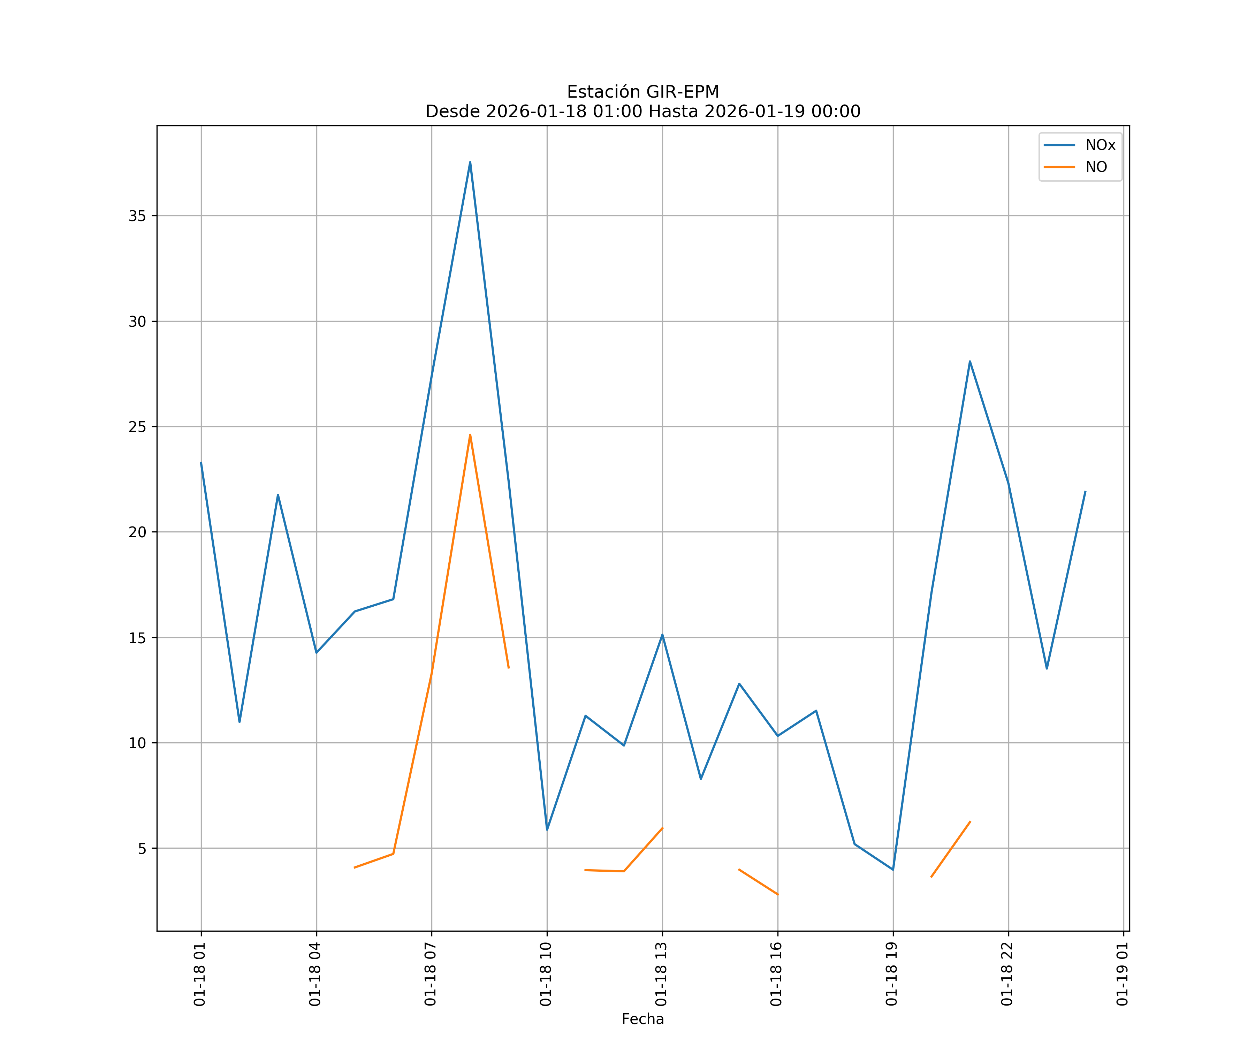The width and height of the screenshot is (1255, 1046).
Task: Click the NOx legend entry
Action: (x=1100, y=145)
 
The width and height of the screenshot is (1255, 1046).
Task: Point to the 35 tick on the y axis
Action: (x=137, y=216)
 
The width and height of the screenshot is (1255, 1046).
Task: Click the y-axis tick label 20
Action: (x=137, y=532)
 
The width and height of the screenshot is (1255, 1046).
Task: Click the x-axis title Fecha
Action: (x=642, y=1019)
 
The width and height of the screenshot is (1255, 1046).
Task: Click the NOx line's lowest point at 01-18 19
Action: (x=893, y=870)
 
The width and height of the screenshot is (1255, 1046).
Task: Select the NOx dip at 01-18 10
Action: (x=547, y=829)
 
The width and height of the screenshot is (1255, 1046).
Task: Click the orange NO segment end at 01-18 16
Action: (x=777, y=895)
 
